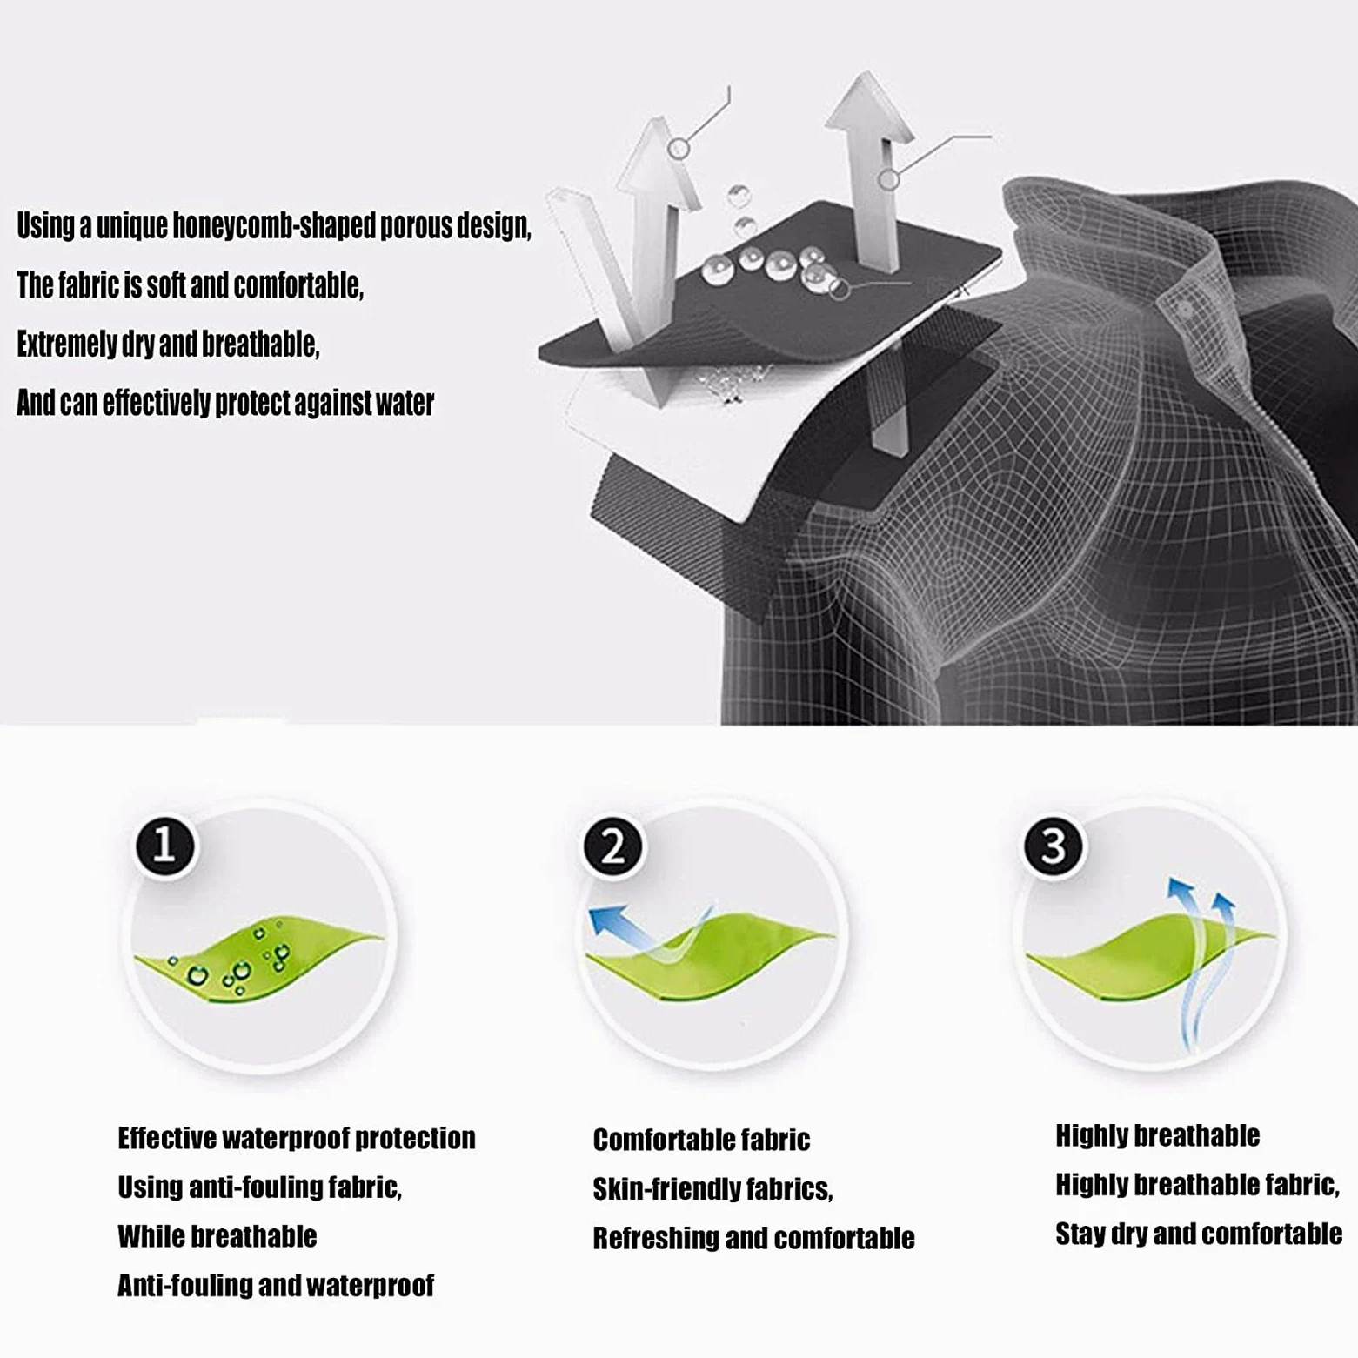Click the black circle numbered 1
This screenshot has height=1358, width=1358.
point(164,846)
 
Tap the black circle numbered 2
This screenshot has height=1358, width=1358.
point(613,846)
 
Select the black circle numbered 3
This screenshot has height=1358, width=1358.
point(1054,846)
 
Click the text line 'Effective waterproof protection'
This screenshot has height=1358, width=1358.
point(297,1138)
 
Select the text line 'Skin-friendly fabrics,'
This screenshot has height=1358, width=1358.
point(712,1188)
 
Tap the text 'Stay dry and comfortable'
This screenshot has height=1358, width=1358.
point(1199,1234)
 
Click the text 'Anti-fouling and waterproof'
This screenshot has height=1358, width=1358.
point(275,1285)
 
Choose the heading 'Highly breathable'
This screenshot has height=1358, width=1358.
point(1157,1135)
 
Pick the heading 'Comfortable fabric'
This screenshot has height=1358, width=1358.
point(701,1140)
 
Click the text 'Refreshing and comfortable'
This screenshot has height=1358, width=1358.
point(753,1238)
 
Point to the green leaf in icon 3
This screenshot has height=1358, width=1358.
point(1149,960)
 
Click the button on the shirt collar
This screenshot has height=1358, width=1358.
point(1183,309)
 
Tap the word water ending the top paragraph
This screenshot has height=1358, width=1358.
point(405,404)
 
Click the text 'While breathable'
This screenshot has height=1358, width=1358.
point(217,1236)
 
